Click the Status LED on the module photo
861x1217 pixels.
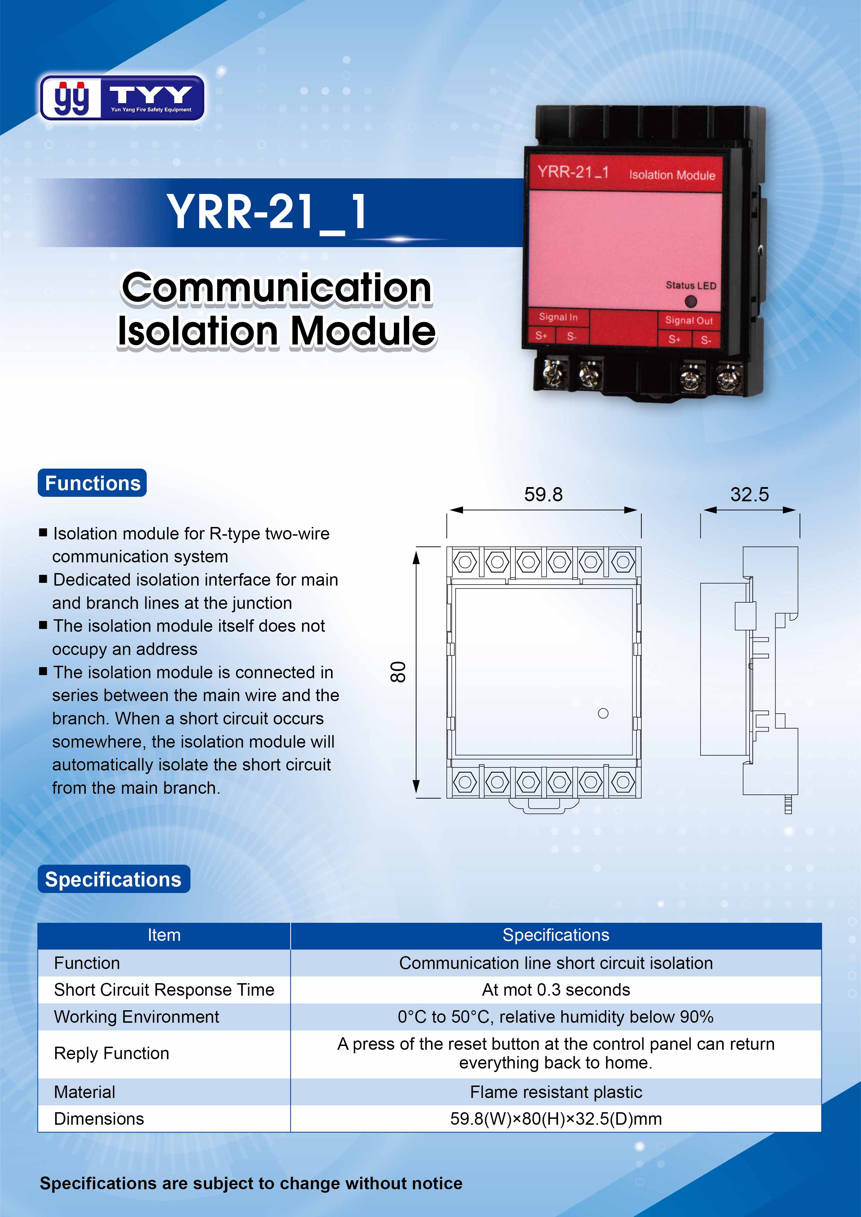(x=690, y=301)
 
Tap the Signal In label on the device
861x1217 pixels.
(x=558, y=317)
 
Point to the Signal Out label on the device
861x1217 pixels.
(x=689, y=320)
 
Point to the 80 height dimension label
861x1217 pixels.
(x=398, y=672)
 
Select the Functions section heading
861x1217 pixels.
(x=92, y=483)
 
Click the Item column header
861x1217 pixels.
(x=164, y=935)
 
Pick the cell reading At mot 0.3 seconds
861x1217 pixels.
(x=556, y=990)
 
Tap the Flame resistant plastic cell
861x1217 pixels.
(x=556, y=1092)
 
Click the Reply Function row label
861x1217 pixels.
(x=111, y=1053)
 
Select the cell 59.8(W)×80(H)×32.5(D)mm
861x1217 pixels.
(x=556, y=1118)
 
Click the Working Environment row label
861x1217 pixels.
(x=136, y=1016)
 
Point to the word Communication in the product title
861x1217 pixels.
(x=276, y=288)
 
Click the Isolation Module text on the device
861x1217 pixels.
(x=672, y=175)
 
